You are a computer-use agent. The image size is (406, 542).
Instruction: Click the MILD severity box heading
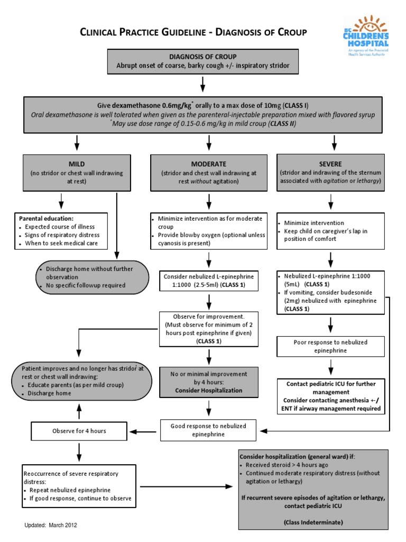[76, 164]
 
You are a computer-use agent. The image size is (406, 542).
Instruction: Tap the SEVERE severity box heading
[330, 164]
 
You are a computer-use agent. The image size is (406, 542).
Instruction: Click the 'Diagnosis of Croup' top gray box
[202, 62]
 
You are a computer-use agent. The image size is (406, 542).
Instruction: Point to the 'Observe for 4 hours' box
[79, 431]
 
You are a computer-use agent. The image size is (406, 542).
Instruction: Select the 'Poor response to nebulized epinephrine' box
[330, 346]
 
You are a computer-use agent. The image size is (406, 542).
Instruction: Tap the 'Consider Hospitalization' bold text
[210, 390]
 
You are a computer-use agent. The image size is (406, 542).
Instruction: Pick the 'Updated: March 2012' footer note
[52, 525]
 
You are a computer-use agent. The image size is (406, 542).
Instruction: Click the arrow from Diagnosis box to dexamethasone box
[202, 85]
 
